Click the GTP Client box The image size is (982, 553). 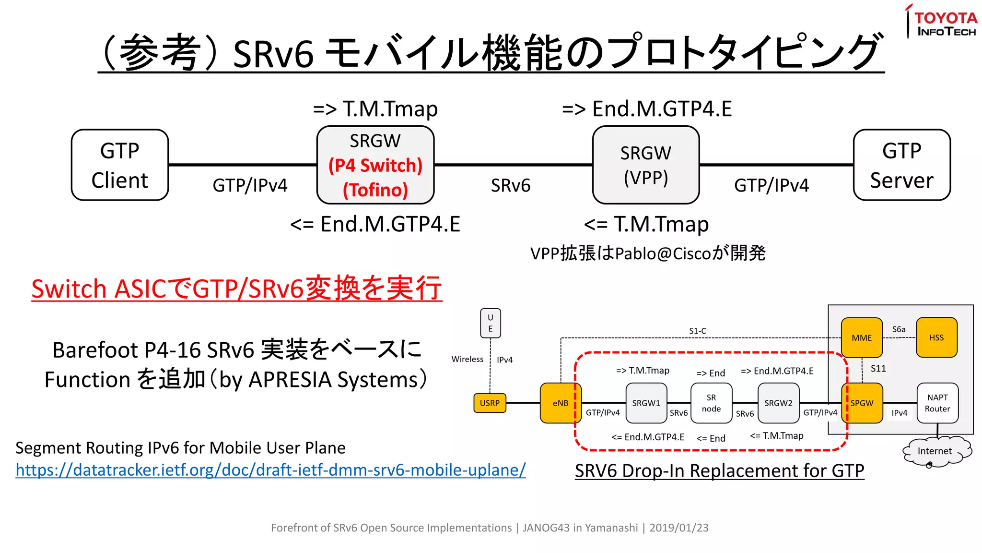click(119, 165)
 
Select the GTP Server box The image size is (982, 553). click(901, 165)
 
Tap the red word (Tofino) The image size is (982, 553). click(375, 190)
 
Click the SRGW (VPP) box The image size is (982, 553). click(645, 165)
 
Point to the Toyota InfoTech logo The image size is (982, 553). click(942, 22)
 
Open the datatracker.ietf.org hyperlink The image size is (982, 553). click(270, 469)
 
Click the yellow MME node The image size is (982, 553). click(862, 337)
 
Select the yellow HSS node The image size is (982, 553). click(936, 337)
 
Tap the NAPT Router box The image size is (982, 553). click(937, 403)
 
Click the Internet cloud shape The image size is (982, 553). click(935, 451)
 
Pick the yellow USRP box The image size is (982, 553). click(490, 403)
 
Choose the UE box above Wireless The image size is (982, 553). click(490, 323)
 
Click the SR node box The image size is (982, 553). click(711, 403)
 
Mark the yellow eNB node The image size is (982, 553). click(560, 403)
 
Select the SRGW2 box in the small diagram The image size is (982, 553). click(778, 403)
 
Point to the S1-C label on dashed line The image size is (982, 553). click(697, 331)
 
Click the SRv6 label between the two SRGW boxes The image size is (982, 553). click(510, 186)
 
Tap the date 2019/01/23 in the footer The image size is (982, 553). click(678, 528)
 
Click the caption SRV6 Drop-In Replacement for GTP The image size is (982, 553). click(719, 470)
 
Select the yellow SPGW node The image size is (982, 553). click(862, 403)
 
